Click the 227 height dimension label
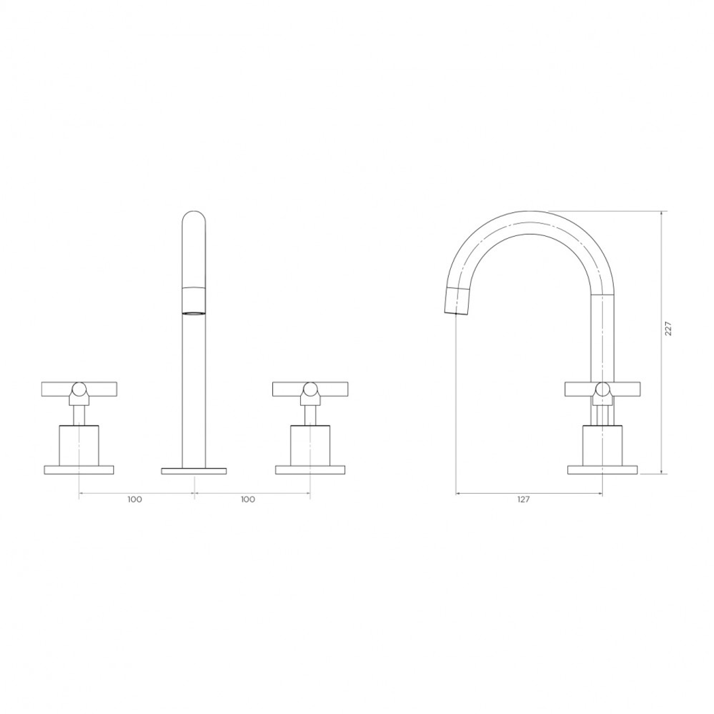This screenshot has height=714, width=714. (x=668, y=329)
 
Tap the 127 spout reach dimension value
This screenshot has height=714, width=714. (x=523, y=500)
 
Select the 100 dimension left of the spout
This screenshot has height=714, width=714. (x=134, y=499)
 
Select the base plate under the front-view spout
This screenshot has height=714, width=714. (x=194, y=471)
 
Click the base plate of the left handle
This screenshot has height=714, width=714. (x=79, y=470)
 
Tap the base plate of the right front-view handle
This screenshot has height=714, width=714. (x=310, y=470)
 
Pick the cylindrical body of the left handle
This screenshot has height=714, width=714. (x=79, y=446)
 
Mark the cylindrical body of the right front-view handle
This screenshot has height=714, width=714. (x=310, y=446)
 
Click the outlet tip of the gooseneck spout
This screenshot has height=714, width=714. (x=457, y=303)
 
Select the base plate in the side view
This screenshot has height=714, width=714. (x=602, y=470)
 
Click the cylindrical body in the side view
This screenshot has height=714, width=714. (x=602, y=446)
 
